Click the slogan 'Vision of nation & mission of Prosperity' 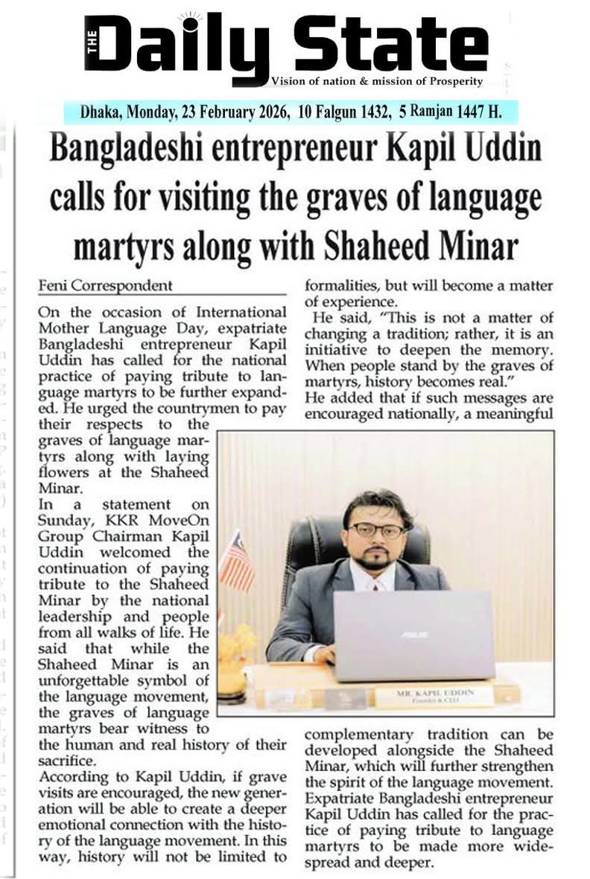377,81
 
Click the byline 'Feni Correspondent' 106,285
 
